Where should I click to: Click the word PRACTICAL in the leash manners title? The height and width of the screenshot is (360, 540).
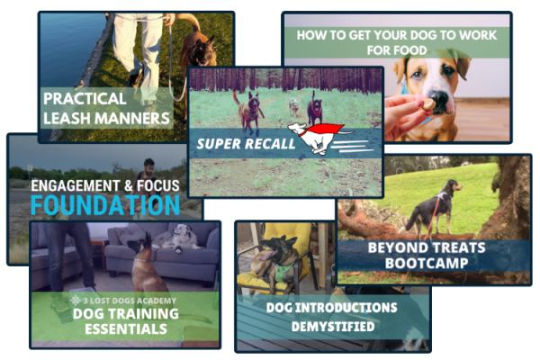coord(85,98)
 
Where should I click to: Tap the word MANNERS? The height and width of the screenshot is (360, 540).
coord(132,118)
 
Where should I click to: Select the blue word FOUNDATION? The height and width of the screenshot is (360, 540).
coord(105,205)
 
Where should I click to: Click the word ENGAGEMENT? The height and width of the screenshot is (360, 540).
coord(76,185)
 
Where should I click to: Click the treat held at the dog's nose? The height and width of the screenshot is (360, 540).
coord(428,103)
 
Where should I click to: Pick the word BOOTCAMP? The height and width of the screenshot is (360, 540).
coord(427,263)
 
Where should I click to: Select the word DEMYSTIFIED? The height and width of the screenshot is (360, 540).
coord(333,326)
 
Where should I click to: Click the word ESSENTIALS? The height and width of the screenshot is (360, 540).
coord(126,329)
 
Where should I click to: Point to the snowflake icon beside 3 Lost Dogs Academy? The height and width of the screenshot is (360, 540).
coord(76,301)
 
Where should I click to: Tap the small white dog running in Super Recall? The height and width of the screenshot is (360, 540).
coord(293,106)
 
